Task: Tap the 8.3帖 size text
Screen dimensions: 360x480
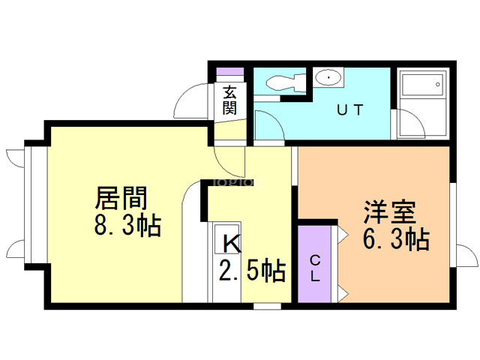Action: pyautogui.click(x=127, y=224)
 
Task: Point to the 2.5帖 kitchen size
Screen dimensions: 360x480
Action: pyautogui.click(x=252, y=270)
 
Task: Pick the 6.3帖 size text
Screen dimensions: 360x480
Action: pyautogui.click(x=396, y=240)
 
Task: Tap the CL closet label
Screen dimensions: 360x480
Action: pyautogui.click(x=316, y=268)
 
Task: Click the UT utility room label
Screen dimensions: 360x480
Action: pyautogui.click(x=349, y=111)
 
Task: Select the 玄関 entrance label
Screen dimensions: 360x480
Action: pyautogui.click(x=230, y=100)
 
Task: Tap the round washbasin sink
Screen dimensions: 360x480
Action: pyautogui.click(x=328, y=77)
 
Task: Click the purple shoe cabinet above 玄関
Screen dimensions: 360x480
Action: pyautogui.click(x=230, y=73)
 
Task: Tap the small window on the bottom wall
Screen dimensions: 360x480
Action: pyautogui.click(x=266, y=306)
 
